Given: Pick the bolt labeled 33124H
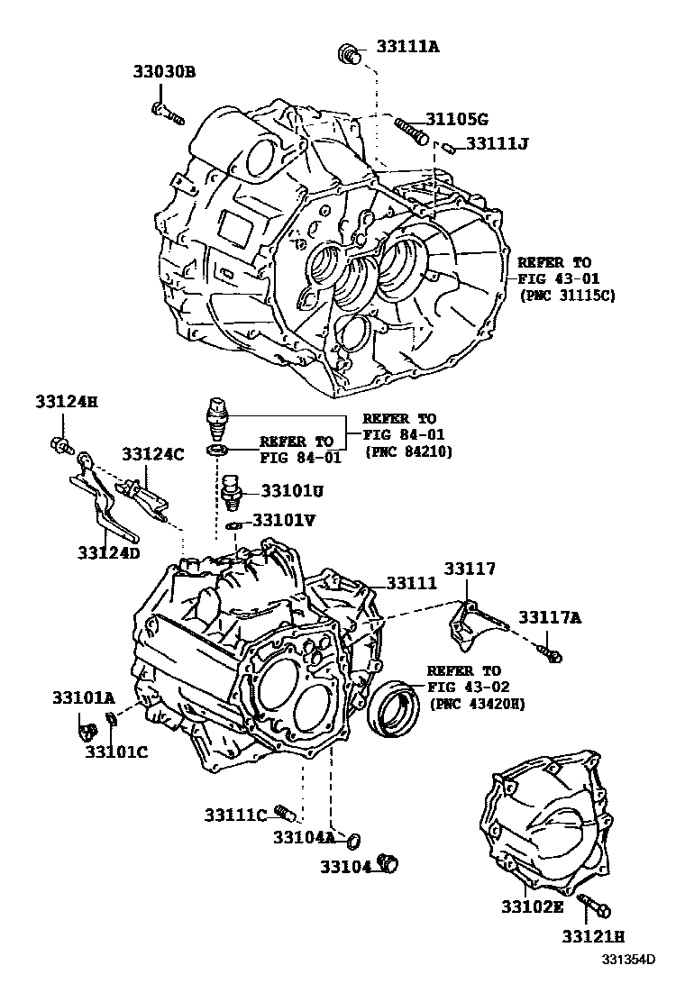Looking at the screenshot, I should (60, 443).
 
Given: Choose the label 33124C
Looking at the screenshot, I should (153, 454).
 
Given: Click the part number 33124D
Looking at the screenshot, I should (108, 552).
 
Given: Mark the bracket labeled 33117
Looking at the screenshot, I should (470, 623).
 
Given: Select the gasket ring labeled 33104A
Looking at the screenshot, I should (353, 841).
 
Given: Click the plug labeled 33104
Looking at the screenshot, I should (390, 862).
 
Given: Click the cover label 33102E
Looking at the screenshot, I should (532, 906).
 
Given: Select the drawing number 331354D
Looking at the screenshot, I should (627, 983).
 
